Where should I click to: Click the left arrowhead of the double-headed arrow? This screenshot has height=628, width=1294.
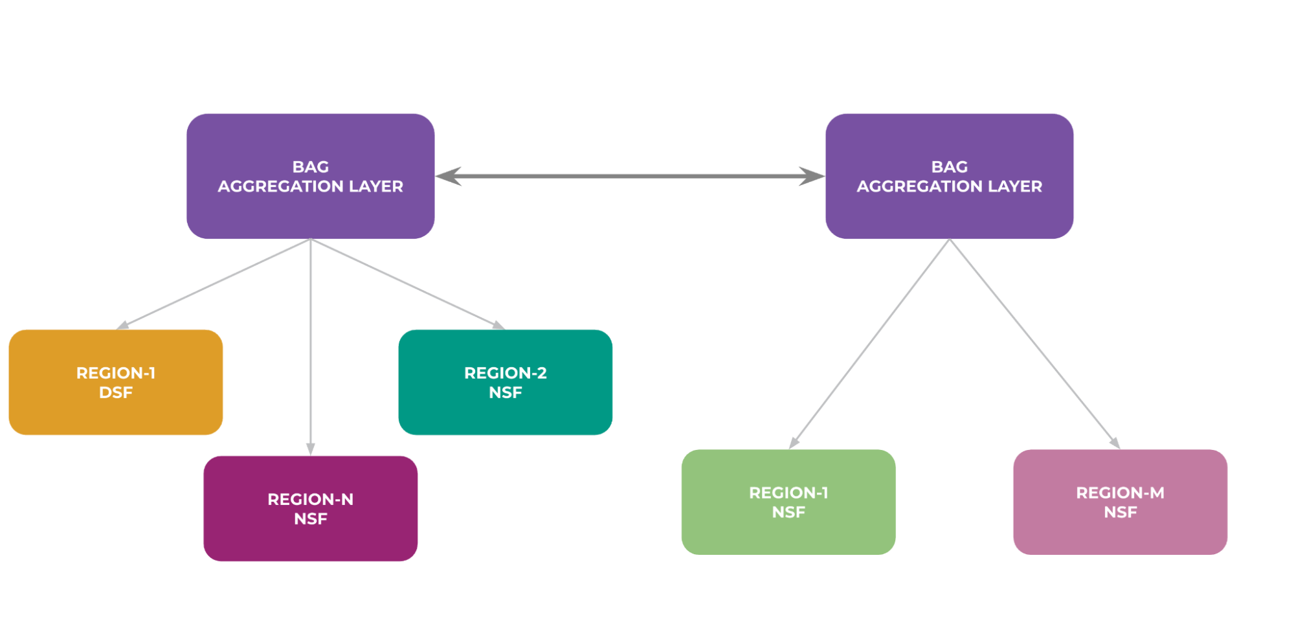pyautogui.click(x=448, y=176)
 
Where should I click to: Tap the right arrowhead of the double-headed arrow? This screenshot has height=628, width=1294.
pyautogui.click(x=812, y=176)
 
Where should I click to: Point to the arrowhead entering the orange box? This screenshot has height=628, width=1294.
pyautogui.click(x=123, y=326)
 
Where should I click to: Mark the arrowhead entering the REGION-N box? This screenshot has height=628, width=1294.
pyautogui.click(x=311, y=449)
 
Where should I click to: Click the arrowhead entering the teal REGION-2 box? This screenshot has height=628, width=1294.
pyautogui.click(x=498, y=325)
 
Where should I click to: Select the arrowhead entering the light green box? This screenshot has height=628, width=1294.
pyautogui.click(x=794, y=443)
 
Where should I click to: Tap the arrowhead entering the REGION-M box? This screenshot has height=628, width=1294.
pyautogui.click(x=1115, y=443)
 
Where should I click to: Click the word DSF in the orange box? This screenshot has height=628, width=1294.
pyautogui.click(x=116, y=392)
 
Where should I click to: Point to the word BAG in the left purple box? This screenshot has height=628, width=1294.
pyautogui.click(x=310, y=167)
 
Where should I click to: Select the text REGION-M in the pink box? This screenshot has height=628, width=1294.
pyautogui.click(x=1120, y=493)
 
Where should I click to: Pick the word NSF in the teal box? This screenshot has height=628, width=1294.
pyautogui.click(x=505, y=392)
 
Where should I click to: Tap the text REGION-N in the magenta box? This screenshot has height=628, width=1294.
pyautogui.click(x=310, y=499)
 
